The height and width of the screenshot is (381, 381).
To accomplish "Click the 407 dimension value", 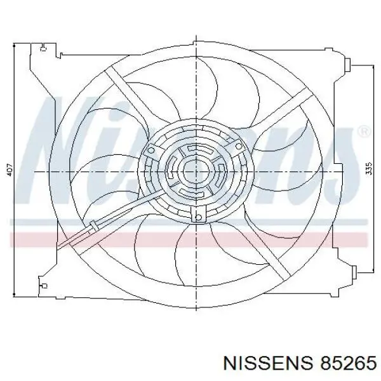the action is pyautogui.click(x=10, y=170).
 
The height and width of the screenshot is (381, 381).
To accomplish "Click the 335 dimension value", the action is pyautogui.click(x=368, y=168).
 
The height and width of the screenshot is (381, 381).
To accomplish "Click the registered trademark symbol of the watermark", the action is pyautogui.click(x=364, y=131).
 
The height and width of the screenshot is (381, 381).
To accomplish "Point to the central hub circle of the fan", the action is pyautogui.click(x=196, y=172).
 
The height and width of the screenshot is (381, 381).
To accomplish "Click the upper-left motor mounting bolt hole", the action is pyautogui.click(x=151, y=150).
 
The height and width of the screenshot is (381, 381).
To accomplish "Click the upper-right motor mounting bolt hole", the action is pyautogui.click(x=239, y=146).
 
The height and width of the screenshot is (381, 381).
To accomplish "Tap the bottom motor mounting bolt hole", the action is pyautogui.click(x=199, y=217).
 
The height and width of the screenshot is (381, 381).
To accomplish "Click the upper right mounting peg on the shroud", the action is pyautogui.click(x=348, y=65).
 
